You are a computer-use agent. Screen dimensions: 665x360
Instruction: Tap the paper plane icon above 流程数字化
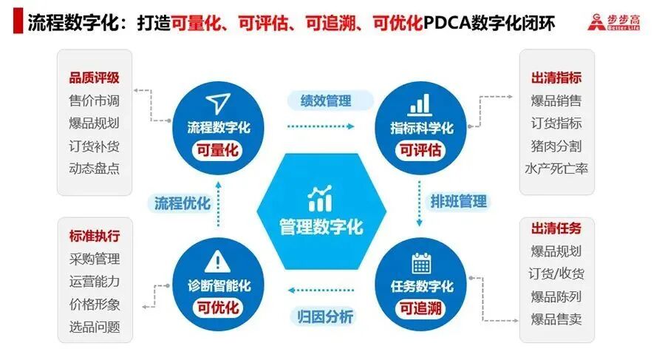216,103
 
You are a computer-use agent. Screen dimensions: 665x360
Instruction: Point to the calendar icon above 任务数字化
422,262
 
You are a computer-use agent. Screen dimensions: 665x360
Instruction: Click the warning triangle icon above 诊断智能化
216,261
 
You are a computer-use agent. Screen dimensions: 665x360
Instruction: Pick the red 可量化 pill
217,150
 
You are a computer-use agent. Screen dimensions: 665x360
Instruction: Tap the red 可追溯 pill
421,308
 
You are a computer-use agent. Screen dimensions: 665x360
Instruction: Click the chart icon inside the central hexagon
321,197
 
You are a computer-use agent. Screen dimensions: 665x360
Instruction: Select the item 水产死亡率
556,168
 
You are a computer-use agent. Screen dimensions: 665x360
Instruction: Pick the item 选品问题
94,326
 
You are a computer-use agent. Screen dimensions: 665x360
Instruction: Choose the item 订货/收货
557,274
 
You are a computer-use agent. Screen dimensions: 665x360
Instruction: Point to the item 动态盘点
94,168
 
